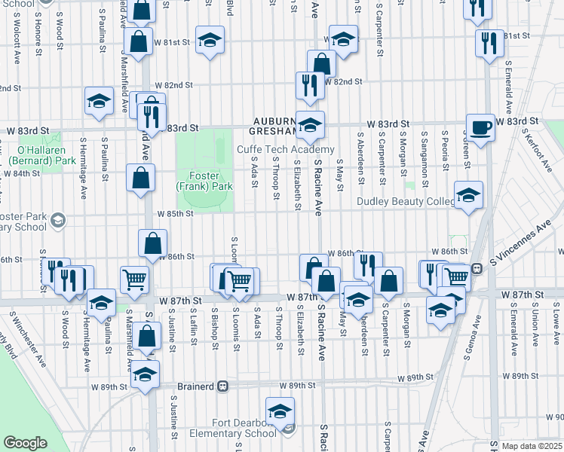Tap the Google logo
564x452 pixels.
[x=26, y=442]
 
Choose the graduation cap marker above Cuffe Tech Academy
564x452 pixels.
[x=309, y=125]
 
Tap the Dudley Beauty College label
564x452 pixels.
[x=406, y=202]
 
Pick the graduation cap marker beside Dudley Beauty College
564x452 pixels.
[x=468, y=195]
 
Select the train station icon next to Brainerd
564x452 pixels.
[x=222, y=386]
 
